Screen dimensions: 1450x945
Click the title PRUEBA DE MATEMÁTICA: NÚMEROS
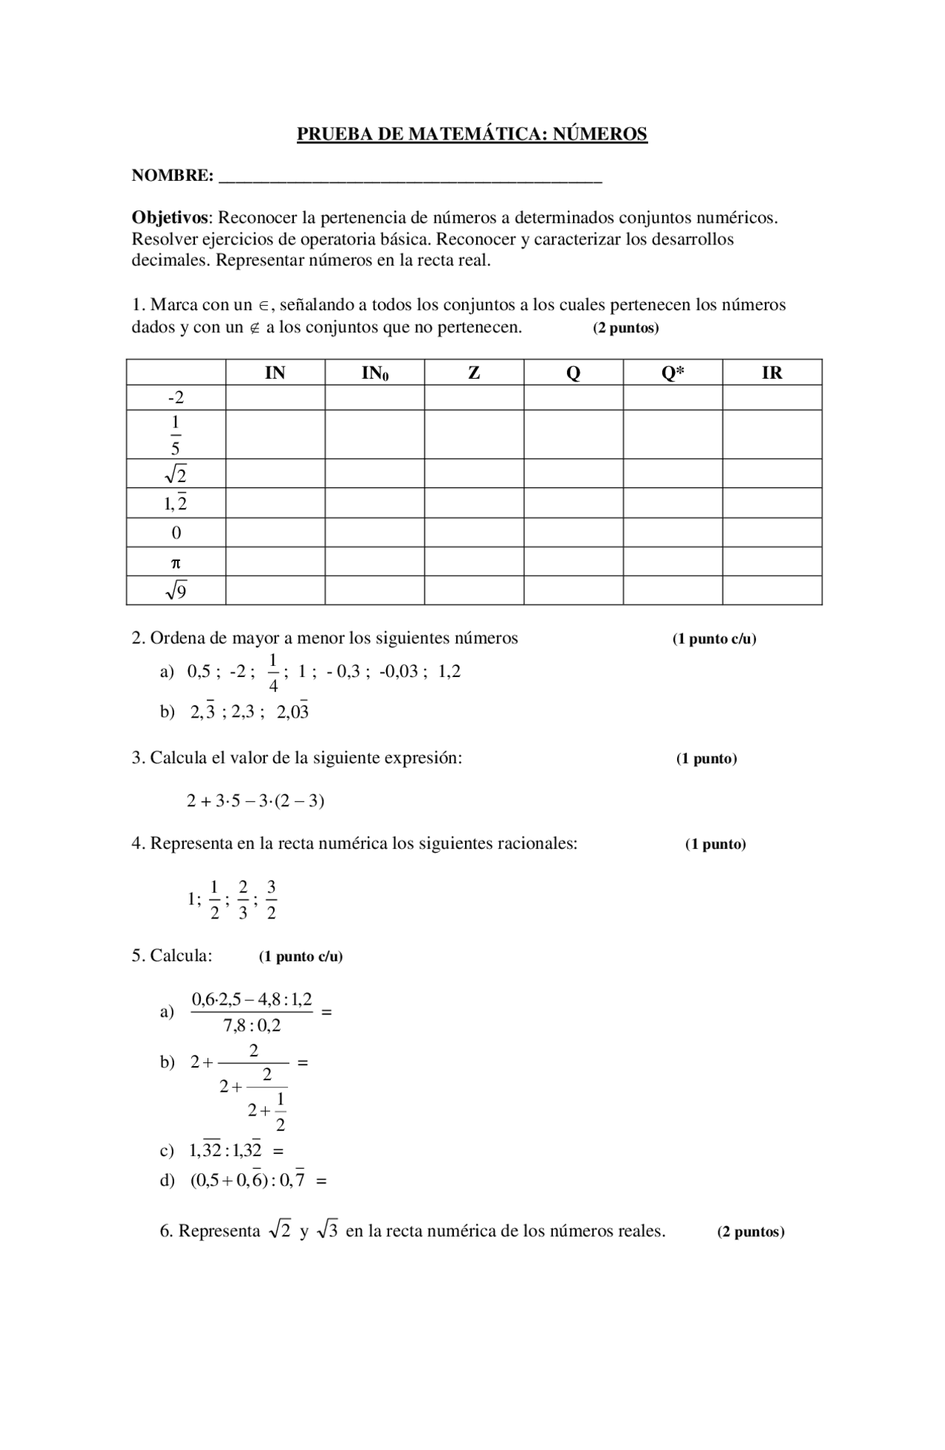(x=472, y=134)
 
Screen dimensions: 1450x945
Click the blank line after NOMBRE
(x=410, y=178)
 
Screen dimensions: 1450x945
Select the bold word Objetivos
(x=171, y=218)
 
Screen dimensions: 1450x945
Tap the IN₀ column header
(x=374, y=373)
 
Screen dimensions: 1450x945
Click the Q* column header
(x=672, y=373)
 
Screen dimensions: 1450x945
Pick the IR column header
(x=772, y=373)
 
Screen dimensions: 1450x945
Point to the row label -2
(x=176, y=398)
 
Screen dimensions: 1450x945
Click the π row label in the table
(x=176, y=563)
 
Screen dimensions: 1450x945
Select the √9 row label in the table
(x=176, y=591)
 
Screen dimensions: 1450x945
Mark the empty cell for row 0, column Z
(x=474, y=532)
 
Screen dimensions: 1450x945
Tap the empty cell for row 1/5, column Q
(x=573, y=434)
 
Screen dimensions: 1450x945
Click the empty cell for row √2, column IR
(x=772, y=473)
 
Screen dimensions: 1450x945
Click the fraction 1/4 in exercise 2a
(x=273, y=673)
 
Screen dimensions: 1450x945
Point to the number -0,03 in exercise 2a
(x=399, y=672)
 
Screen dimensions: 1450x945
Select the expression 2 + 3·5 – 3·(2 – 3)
(x=255, y=801)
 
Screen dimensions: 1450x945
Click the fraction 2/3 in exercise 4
(x=243, y=899)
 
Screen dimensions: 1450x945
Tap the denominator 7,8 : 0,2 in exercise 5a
(x=252, y=1026)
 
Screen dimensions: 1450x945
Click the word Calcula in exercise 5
(x=181, y=955)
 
